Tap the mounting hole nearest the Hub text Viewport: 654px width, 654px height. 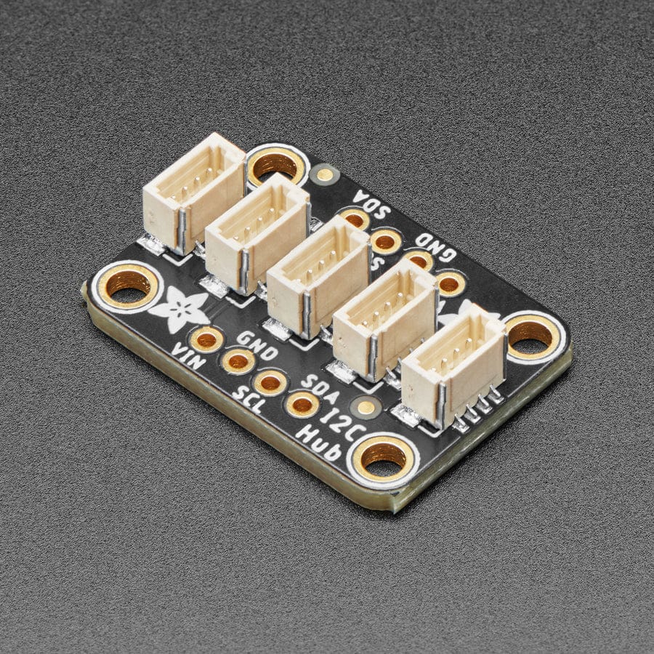coord(384,456)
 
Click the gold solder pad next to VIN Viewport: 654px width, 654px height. coord(207,339)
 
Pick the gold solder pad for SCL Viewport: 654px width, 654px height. coord(270,382)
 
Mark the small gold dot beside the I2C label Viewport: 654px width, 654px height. coord(367,408)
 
